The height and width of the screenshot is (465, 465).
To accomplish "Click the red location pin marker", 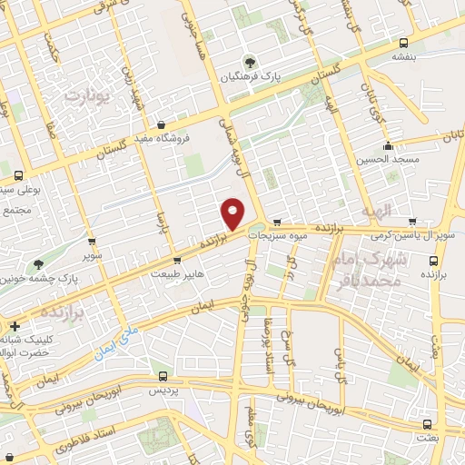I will tap(233, 213).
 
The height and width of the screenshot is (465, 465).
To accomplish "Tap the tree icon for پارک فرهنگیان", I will tap(252, 63).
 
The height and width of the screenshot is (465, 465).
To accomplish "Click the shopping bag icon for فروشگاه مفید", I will tap(162, 125).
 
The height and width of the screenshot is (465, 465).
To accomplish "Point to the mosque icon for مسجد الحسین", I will tap(389, 146).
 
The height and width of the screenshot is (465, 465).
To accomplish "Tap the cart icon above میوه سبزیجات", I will tap(277, 221).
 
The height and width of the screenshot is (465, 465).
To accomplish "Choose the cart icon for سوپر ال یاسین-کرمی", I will tap(413, 221).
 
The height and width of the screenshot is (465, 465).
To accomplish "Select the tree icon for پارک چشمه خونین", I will tap(38, 265).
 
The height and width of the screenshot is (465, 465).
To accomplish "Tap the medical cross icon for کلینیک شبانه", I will tap(13, 324).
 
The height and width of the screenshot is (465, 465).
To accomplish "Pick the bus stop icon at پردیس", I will tap(163, 375).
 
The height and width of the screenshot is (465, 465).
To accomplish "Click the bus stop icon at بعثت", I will tap(426, 423).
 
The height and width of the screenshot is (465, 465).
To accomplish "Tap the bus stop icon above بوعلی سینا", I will tap(18, 175).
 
